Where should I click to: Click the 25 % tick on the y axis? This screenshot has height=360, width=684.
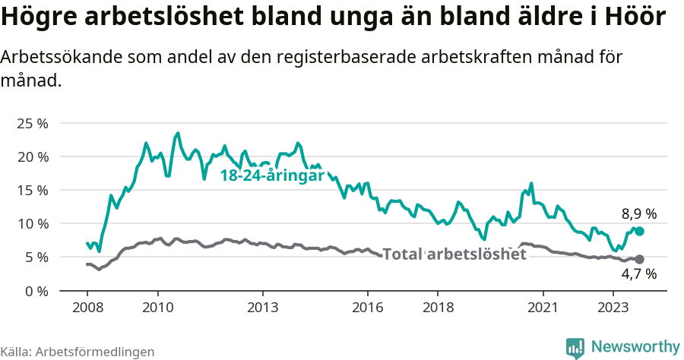pos(32,123)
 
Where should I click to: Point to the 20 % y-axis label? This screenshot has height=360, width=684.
pos(32,156)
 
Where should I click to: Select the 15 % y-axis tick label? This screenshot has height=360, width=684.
pos(32,190)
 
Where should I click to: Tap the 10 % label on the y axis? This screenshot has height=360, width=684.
pos(32,223)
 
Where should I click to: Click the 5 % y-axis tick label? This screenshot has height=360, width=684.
pos(36,257)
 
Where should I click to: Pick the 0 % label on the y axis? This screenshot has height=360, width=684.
pos(36,290)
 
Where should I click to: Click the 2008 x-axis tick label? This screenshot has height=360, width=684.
pos(87,308)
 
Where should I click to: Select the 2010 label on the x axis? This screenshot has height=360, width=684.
pos(157,308)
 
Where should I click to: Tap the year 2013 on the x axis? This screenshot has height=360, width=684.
pos(262,308)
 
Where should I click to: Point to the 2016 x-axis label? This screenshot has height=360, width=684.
pos(368,308)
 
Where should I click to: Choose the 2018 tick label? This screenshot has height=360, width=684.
pos(438,308)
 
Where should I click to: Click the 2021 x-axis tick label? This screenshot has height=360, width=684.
pos(543,308)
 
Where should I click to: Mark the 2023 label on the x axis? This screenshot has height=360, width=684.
pos(613,308)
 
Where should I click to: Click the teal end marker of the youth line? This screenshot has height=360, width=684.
pos(639,231)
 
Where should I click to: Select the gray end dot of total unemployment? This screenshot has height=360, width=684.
pos(639,259)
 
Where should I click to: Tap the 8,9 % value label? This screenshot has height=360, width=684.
pos(638,214)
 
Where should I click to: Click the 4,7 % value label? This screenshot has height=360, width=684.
pos(638,274)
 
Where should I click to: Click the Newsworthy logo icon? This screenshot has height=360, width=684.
pos(576,347)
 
